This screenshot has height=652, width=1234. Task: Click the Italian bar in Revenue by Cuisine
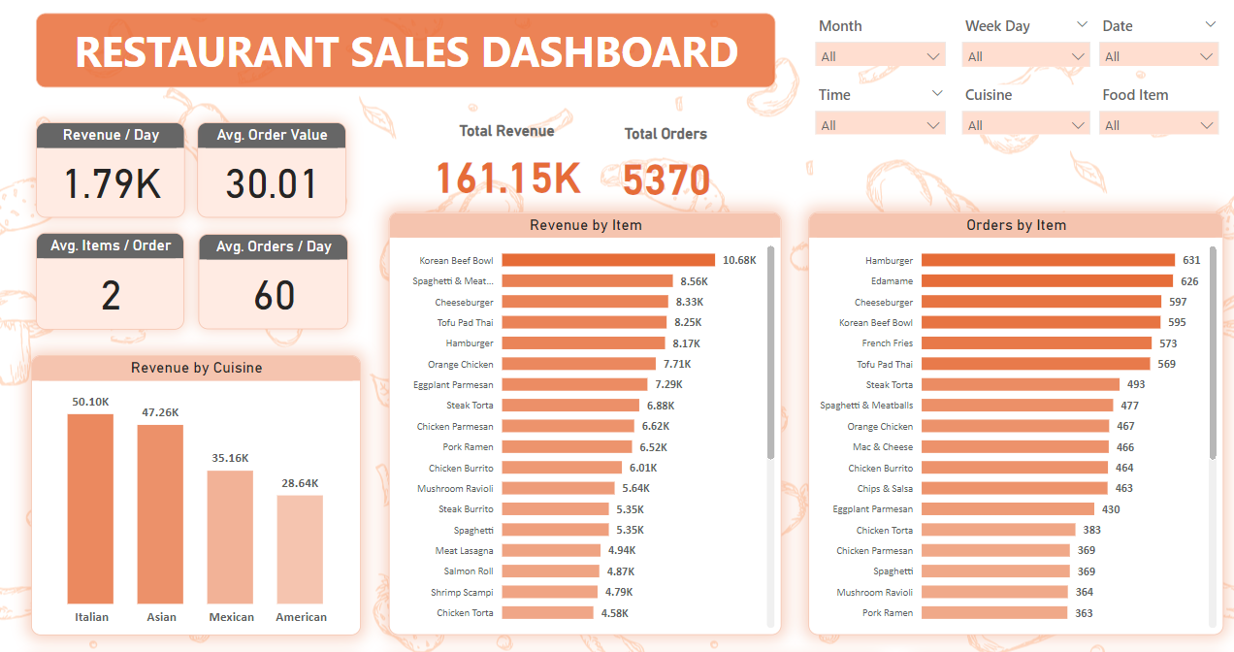[x=90, y=509]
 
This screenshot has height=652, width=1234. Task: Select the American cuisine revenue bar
[x=300, y=550]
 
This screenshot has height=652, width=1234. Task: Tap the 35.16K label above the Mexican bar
[x=230, y=458]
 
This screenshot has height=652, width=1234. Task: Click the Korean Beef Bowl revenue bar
[x=608, y=260]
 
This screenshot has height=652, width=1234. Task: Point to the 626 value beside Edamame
[x=1189, y=281]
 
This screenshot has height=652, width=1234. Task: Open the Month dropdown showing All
[x=881, y=56]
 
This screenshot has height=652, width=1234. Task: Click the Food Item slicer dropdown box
[x=1158, y=125]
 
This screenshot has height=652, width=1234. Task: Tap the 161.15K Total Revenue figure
[x=508, y=179]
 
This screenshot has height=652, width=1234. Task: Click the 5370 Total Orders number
[x=666, y=180]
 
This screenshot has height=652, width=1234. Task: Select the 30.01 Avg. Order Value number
[x=272, y=184]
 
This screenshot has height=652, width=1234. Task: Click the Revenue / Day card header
[x=111, y=135]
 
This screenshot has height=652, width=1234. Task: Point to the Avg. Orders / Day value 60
[x=274, y=296]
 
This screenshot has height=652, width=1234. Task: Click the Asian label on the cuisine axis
[x=160, y=617]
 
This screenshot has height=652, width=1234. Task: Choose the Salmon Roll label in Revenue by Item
[x=469, y=571]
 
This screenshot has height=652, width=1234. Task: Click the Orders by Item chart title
[x=1016, y=225]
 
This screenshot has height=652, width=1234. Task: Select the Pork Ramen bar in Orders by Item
[x=994, y=613]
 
